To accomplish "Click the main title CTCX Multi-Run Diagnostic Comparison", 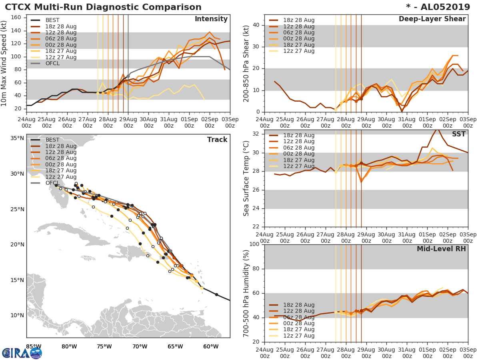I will pyautogui.click(x=103, y=7).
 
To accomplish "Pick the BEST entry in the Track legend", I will pyautogui.click(x=52, y=140).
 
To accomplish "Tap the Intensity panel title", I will pyautogui.click(x=211, y=19).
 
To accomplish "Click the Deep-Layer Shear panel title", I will pyautogui.click(x=432, y=19).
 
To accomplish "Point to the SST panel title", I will pyautogui.click(x=459, y=134).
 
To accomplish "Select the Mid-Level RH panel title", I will pyautogui.click(x=441, y=249).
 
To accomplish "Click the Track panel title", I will pyautogui.click(x=217, y=140).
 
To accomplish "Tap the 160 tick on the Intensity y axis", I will pyautogui.click(x=18, y=18).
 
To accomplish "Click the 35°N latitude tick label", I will pyautogui.click(x=17, y=138).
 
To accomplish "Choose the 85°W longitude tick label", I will pyautogui.click(x=34, y=346).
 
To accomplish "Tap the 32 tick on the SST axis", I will pyautogui.click(x=256, y=134).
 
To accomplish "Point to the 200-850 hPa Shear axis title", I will pyautogui.click(x=246, y=63).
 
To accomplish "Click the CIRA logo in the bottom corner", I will pyautogui.click(x=22, y=353).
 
